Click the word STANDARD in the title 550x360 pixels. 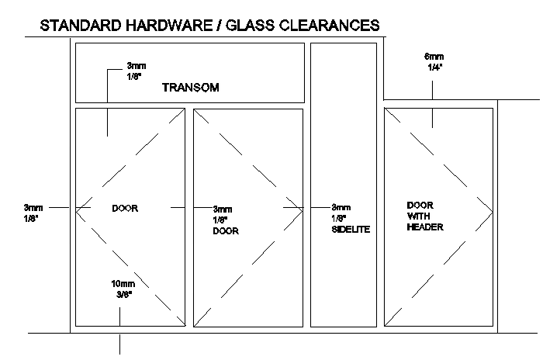tap(81, 26)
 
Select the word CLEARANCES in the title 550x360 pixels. tap(330, 26)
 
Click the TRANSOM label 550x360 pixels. tap(191, 88)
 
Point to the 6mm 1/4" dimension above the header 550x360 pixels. tap(434, 62)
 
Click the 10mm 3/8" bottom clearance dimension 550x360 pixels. tap(123, 289)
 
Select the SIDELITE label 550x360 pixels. tap(351, 230)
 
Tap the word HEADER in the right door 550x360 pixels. tap(425, 227)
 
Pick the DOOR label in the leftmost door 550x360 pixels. tap(125, 209)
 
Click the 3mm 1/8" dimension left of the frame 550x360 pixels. tap(33, 213)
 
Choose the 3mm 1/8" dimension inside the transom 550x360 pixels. tap(137, 71)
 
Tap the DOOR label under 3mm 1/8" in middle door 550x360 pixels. tap(226, 231)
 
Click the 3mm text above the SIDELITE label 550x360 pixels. tap(341, 207)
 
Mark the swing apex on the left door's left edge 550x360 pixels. tap(76, 209)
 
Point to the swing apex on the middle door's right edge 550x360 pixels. tap(303, 211)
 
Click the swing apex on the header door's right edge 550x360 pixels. tap(493, 212)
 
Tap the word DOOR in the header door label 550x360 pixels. tap(420, 206)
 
